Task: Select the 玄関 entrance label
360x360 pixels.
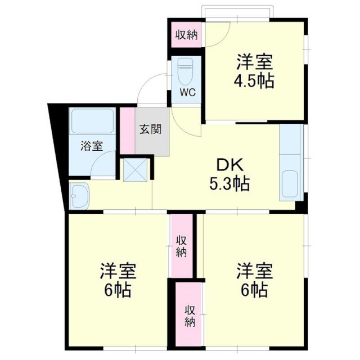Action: [151, 129]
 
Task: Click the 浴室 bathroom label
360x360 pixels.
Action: [92, 146]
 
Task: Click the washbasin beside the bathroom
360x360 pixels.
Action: [80, 195]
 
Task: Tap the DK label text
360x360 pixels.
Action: [229, 165]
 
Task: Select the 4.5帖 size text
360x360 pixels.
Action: [254, 80]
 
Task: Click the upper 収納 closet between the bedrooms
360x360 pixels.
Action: [181, 246]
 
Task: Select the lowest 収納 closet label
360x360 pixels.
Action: [190, 315]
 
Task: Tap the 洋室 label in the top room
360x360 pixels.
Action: [254, 61]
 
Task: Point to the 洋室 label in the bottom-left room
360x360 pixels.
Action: [118, 271]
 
